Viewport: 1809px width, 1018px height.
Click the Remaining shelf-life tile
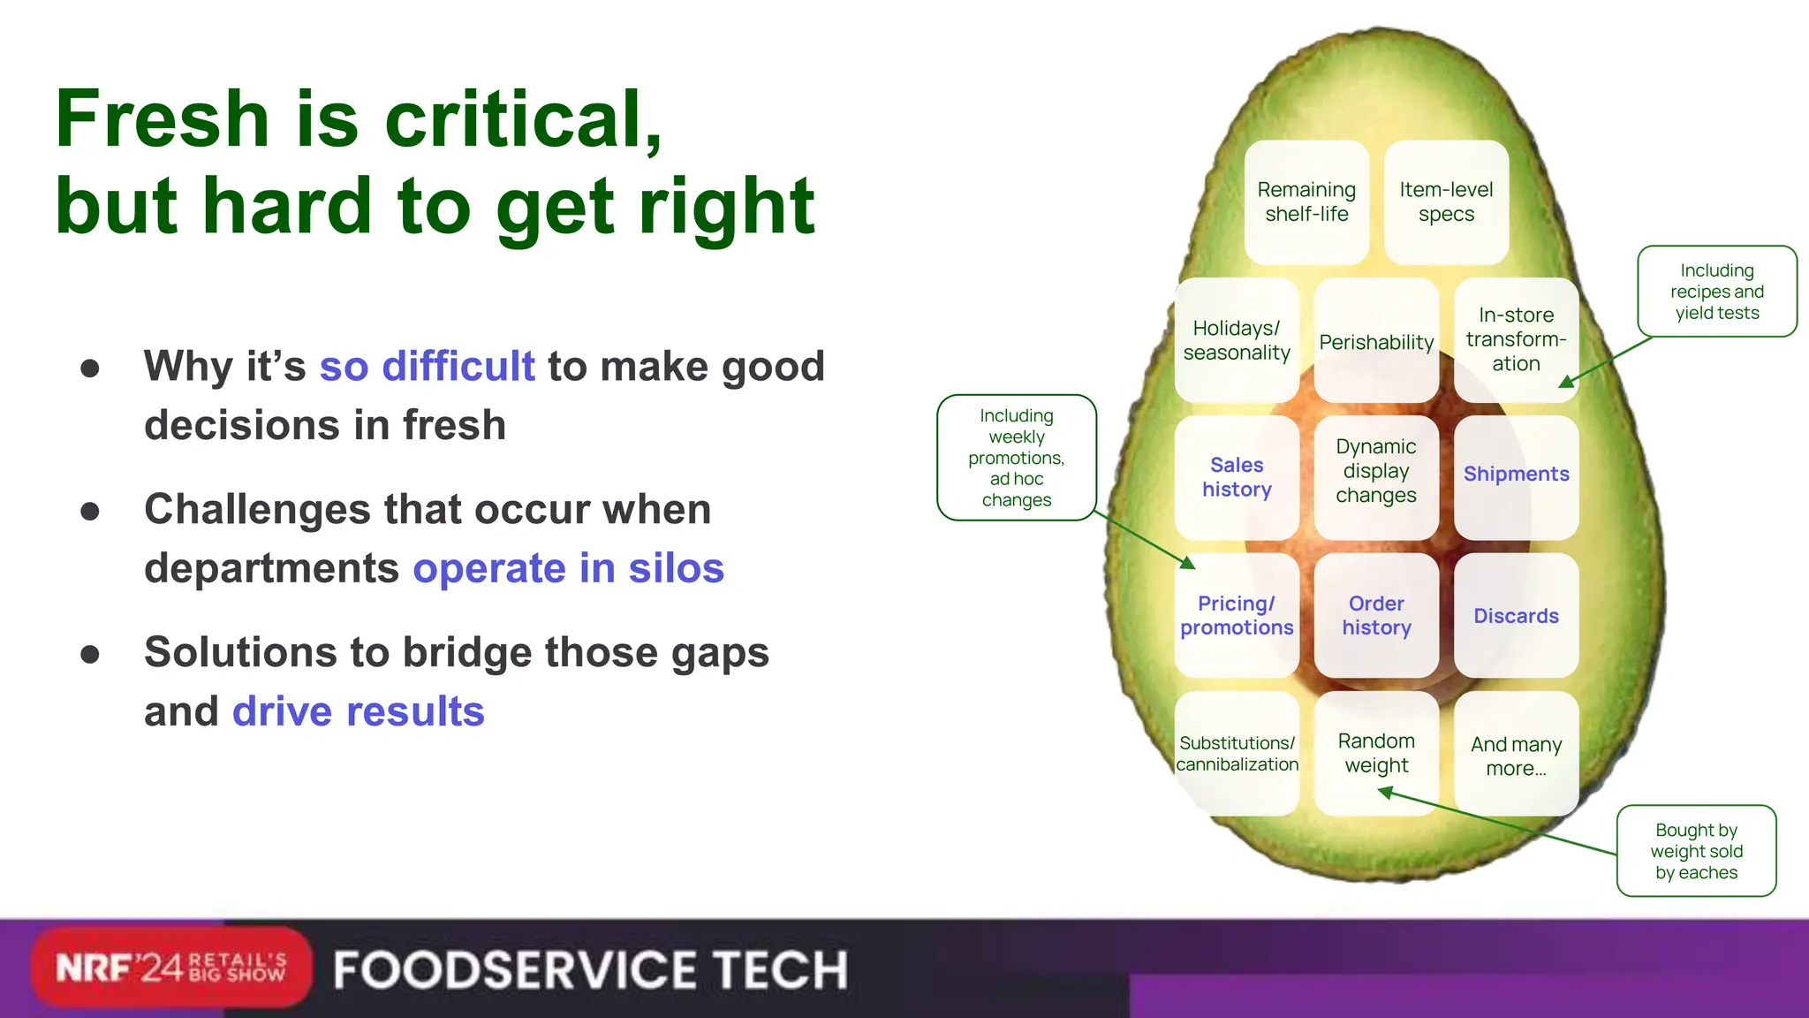coord(1306,202)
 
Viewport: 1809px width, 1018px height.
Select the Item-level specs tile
coord(1446,202)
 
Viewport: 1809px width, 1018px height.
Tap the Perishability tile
coord(1376,342)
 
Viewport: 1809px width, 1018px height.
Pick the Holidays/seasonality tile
coord(1237,340)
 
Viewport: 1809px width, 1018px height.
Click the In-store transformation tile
coord(1516,339)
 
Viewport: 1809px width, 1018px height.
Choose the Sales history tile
coord(1237,477)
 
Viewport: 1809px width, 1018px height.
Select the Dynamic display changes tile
coord(1376,472)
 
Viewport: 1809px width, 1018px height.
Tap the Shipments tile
coord(1516,475)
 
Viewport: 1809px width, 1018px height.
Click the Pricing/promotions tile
coord(1237,615)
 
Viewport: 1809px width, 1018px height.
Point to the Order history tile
coord(1376,615)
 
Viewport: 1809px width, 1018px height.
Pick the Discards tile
coord(1516,616)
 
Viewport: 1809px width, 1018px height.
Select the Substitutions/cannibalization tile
coord(1237,754)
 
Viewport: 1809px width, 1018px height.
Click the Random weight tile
coord(1376,753)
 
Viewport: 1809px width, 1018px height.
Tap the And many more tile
coord(1516,756)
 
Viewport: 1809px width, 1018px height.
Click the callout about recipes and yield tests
coord(1716,292)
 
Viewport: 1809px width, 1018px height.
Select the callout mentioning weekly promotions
coord(1016,458)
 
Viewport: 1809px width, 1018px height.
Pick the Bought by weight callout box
coord(1696,851)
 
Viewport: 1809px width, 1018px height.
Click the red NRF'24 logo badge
coord(170,968)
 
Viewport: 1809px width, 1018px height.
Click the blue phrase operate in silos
coord(568,568)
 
